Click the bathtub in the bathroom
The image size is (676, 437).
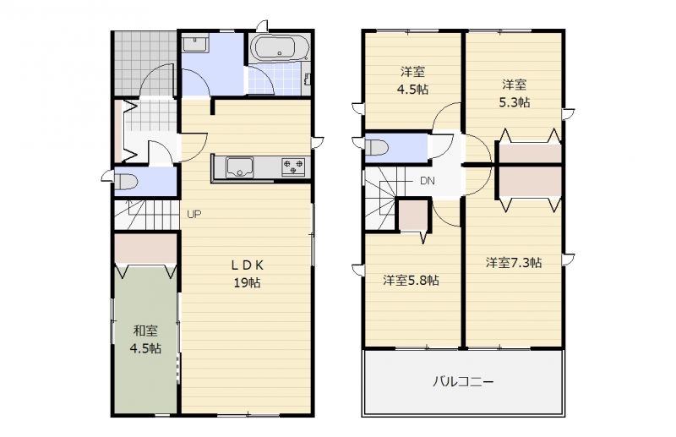[280, 48]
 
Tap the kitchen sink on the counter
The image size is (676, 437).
[240, 167]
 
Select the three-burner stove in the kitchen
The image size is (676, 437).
[293, 167]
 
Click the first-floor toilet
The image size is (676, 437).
[125, 181]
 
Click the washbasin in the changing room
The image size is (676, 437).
[195, 45]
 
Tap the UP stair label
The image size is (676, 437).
[194, 214]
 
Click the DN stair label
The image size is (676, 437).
[428, 181]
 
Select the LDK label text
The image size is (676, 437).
[248, 265]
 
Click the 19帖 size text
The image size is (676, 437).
[247, 283]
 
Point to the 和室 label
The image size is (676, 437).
[145, 330]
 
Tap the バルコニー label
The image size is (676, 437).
[463, 382]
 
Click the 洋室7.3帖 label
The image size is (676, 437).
[514, 262]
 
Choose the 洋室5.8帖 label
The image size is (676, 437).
[412, 281]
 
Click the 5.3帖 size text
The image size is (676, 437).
[514, 102]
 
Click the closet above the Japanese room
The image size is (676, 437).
[145, 249]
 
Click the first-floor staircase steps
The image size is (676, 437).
[146, 215]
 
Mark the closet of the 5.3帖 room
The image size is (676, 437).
[530, 154]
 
